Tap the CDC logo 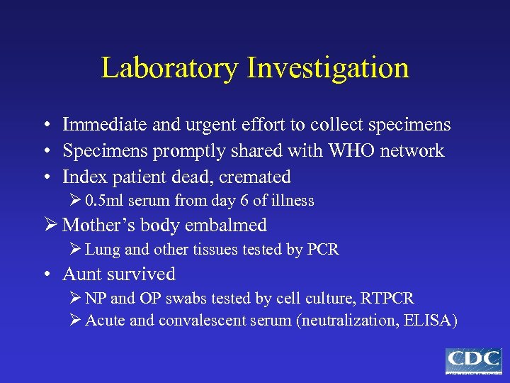pos(473,360)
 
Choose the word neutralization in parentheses pos(341,321)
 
